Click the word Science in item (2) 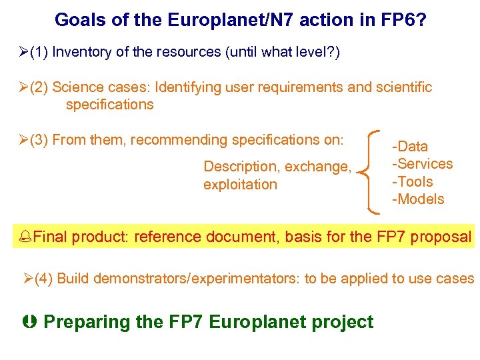77,87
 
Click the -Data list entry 409,147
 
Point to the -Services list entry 422,164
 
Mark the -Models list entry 417,199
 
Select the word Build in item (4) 73,279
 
